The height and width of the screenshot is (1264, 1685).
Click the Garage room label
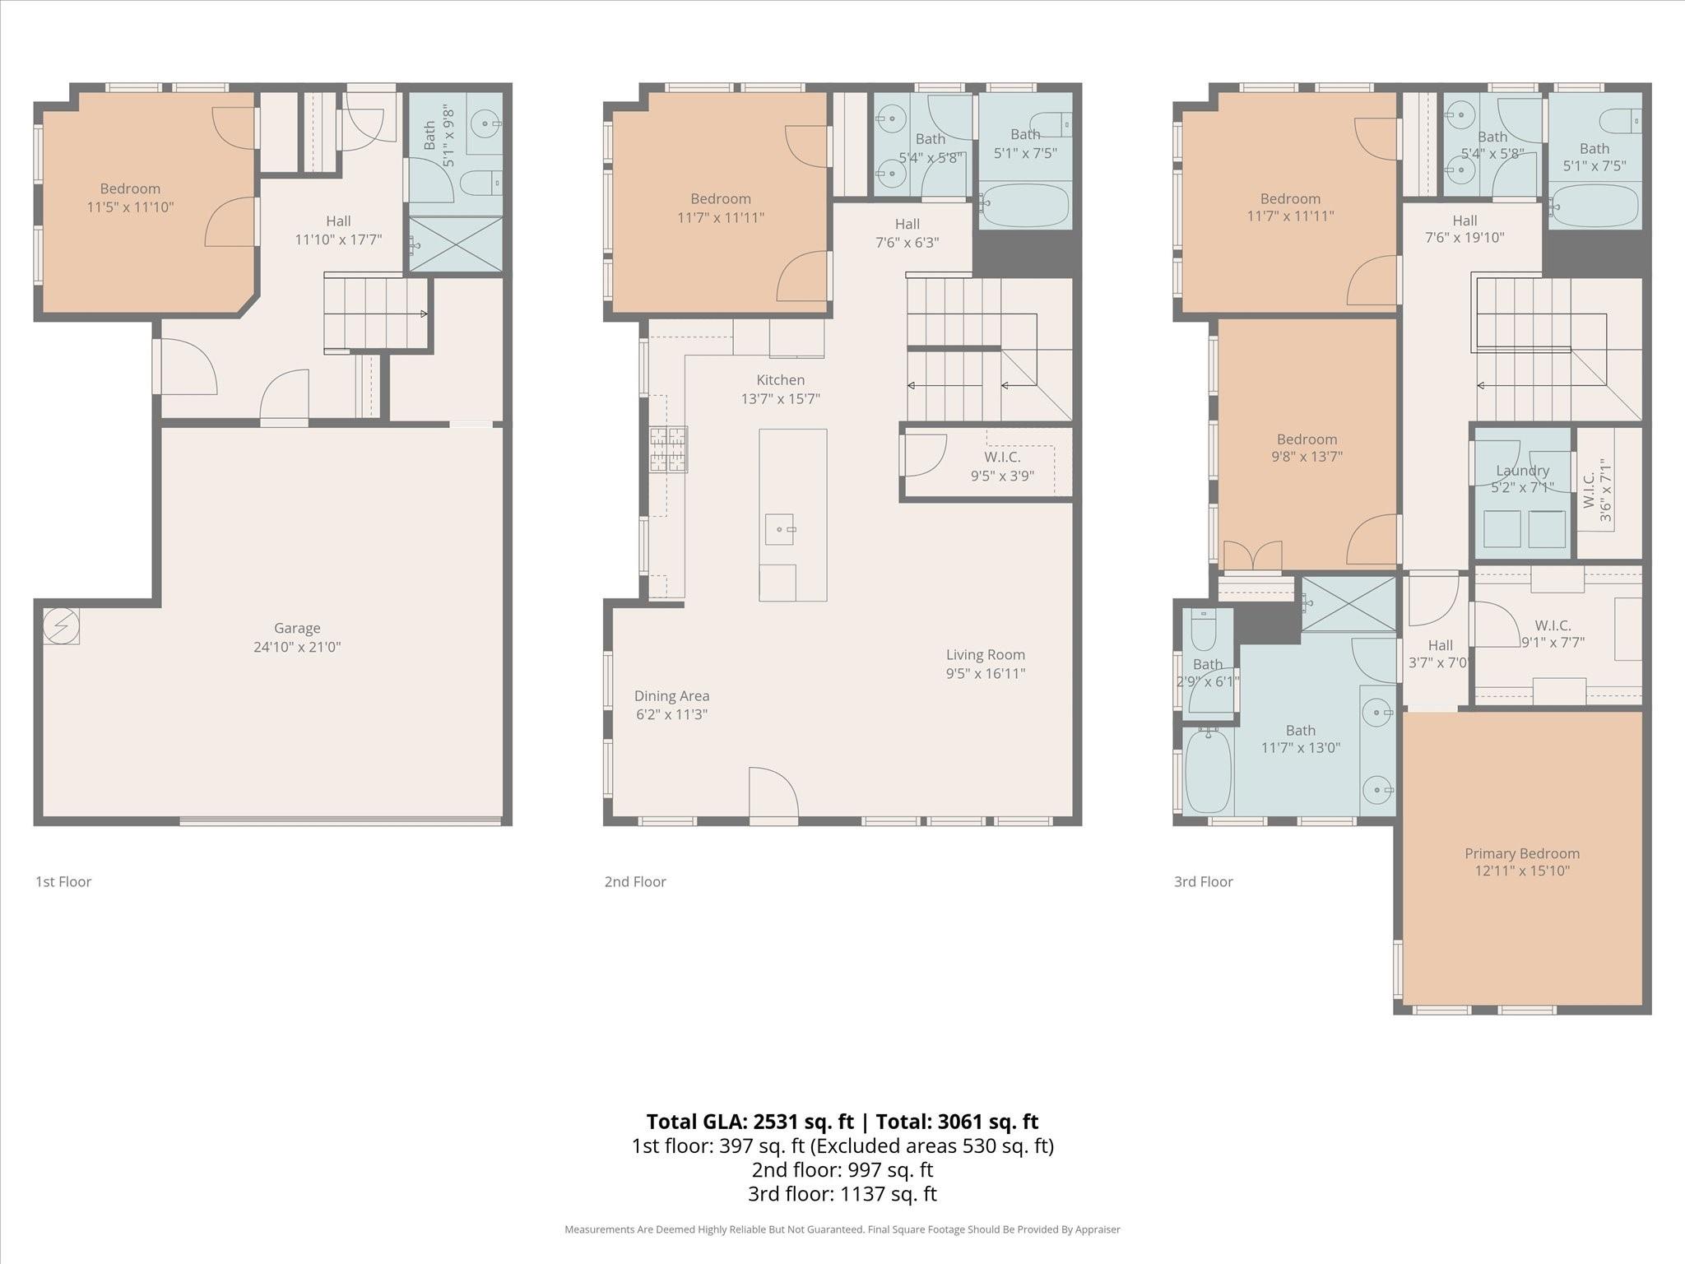pyautogui.click(x=297, y=629)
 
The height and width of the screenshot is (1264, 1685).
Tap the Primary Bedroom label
pyautogui.click(x=1521, y=853)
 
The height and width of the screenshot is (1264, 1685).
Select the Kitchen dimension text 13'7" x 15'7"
pyautogui.click(x=780, y=399)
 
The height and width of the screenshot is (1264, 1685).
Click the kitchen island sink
pyautogui.click(x=779, y=529)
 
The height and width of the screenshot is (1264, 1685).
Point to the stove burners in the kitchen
pyautogui.click(x=668, y=449)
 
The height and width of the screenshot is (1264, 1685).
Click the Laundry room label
pyautogui.click(x=1522, y=471)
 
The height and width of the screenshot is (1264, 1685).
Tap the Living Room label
pyautogui.click(x=985, y=655)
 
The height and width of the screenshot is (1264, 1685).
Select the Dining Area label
pyautogui.click(x=671, y=696)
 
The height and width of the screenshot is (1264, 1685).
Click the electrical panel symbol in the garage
pyautogui.click(x=61, y=625)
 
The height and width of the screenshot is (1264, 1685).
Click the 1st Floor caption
pyautogui.click(x=63, y=881)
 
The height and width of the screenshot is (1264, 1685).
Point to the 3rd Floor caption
pyautogui.click(x=1203, y=881)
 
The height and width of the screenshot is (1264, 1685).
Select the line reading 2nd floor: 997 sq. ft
pyautogui.click(x=842, y=1169)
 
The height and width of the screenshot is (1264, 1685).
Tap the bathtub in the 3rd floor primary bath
pyautogui.click(x=1208, y=771)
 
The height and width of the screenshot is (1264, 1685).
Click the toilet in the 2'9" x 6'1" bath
pyautogui.click(x=1203, y=632)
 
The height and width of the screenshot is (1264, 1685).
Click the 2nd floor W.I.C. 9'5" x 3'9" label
pyautogui.click(x=1001, y=467)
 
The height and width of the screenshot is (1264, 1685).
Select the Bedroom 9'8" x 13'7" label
pyautogui.click(x=1307, y=448)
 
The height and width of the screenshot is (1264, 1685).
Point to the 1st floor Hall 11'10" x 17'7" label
pyautogui.click(x=338, y=230)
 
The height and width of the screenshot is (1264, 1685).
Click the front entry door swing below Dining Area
pyautogui.click(x=773, y=794)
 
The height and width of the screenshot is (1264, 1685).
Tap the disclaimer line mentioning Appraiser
pyautogui.click(x=842, y=1229)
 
